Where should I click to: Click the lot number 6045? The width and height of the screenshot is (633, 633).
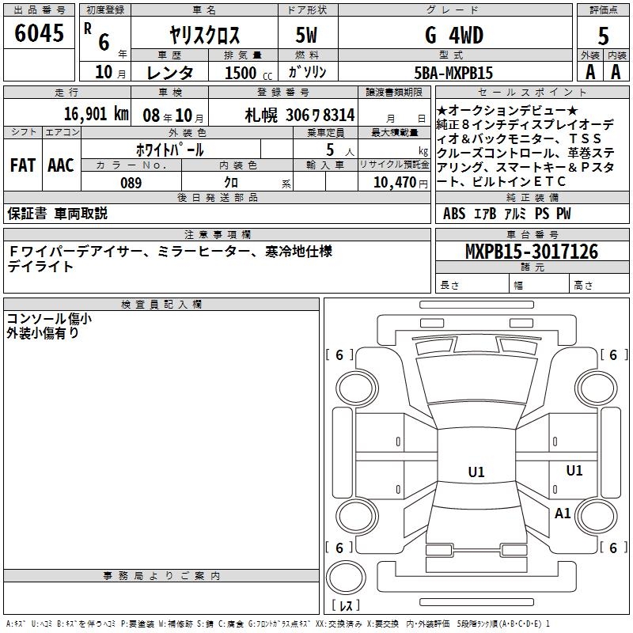point(40,35)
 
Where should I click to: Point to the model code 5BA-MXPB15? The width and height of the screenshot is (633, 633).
point(453,73)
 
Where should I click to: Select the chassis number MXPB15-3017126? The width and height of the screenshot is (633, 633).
point(531,252)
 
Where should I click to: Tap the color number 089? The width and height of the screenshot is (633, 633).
point(130,183)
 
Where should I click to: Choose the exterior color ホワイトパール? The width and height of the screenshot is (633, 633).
point(169,150)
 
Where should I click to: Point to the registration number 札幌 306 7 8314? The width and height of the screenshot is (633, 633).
point(300,114)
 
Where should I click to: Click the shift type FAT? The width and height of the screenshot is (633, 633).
point(22,165)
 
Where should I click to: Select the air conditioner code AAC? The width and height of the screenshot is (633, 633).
point(61,165)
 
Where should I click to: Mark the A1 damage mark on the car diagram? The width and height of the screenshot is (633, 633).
point(563,514)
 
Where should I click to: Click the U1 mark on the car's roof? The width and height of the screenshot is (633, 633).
point(476,472)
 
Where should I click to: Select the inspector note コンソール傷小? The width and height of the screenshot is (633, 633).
point(48,319)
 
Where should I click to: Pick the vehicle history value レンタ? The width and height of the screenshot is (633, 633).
point(170,73)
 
